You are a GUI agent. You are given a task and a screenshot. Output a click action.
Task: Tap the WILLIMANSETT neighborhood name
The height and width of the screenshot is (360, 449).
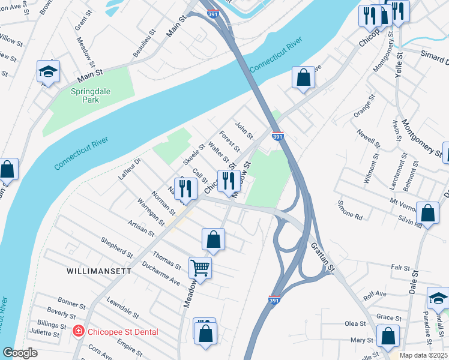tap(99, 271)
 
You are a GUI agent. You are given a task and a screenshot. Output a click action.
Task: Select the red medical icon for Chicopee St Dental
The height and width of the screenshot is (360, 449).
tap(77, 331)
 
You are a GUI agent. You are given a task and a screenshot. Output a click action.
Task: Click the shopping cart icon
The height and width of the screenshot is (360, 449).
tap(200, 267)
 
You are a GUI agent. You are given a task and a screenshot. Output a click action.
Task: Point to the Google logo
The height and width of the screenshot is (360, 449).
tap(20, 353)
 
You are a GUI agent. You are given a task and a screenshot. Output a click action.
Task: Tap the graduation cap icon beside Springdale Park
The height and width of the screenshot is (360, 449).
tap(47, 72)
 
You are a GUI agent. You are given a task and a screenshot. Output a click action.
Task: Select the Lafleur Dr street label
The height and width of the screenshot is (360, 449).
tap(129, 170)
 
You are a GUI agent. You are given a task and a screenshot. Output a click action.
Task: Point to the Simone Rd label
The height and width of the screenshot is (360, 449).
tap(349, 210)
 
